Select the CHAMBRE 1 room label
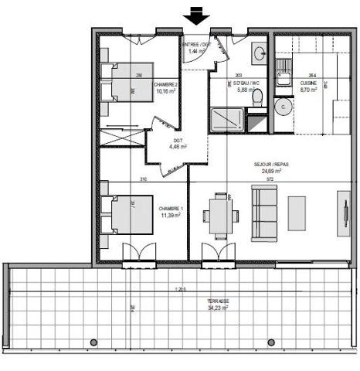(169, 209)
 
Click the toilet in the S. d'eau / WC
(259, 96)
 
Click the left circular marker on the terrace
(93, 342)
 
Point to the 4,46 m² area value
(178, 146)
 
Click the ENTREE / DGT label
(196, 45)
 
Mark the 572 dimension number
(270, 180)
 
